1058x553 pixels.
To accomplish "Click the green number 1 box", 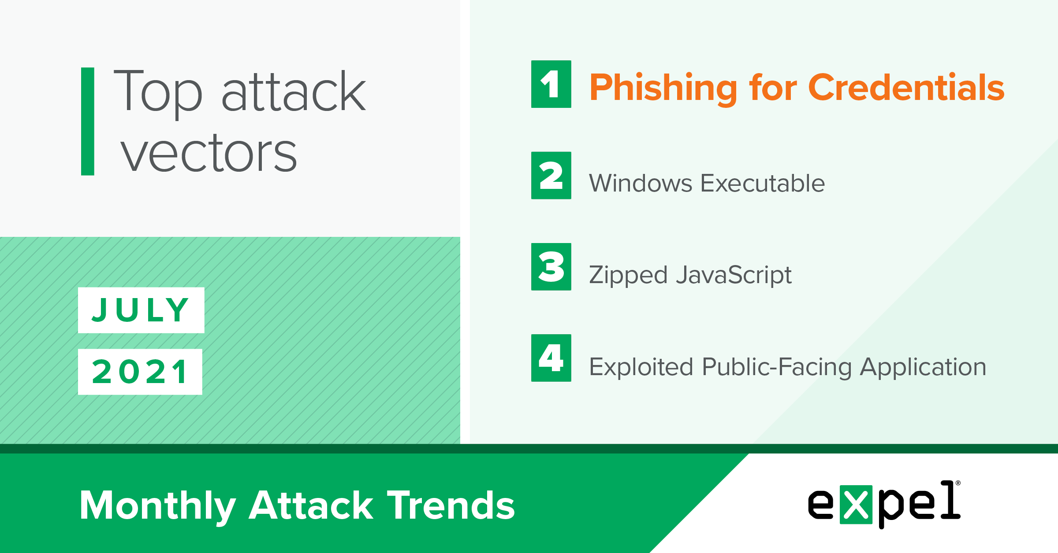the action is tap(551, 84).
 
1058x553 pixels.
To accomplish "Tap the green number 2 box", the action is tap(551, 175).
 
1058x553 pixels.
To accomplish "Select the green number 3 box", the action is tap(551, 267).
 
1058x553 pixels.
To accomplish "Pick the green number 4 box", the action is tap(551, 358).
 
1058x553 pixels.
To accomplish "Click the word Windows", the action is tap(641, 183).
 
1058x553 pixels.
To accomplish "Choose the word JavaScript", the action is tap(734, 276).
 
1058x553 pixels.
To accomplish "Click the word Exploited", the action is tap(641, 367).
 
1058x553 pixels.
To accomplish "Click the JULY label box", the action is tap(141, 310).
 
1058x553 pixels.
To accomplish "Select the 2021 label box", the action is tap(140, 372).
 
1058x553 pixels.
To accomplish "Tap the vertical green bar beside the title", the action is tap(88, 122).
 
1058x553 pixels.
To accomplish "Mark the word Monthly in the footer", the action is tap(158, 507).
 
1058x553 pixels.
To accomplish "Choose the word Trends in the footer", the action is tap(451, 505).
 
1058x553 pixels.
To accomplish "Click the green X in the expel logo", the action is tap(856, 505).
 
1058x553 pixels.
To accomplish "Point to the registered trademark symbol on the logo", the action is tap(957, 483).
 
